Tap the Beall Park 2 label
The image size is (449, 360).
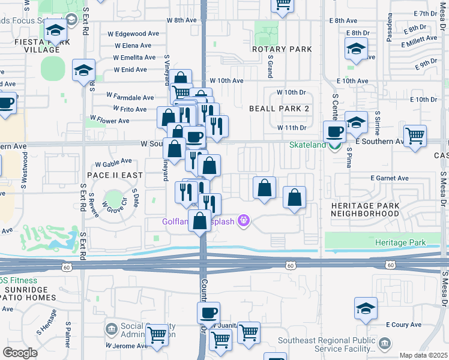tap(279, 109)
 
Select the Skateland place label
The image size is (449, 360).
tap(308, 145)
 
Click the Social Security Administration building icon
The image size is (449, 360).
tap(112, 329)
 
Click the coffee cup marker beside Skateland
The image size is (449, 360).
tap(335, 131)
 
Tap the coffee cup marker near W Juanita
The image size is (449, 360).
tap(208, 313)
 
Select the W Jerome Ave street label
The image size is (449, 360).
tap(127, 346)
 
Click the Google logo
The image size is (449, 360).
tap(20, 353)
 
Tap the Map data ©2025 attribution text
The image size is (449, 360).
tap(423, 355)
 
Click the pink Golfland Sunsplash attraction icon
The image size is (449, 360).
tap(243, 221)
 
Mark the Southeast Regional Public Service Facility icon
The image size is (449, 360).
tap(384, 343)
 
